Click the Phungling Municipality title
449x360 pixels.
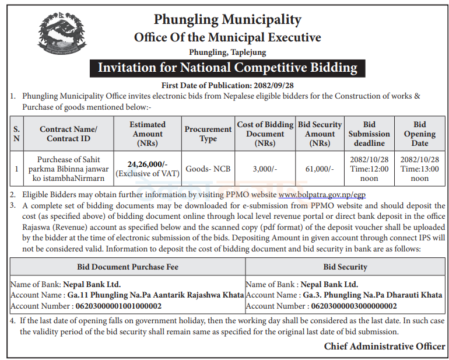pos(227,20)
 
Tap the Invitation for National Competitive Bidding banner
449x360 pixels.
pos(227,68)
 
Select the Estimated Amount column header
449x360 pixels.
pos(148,133)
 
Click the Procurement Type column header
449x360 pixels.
pos(208,134)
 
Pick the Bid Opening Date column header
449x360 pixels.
pos(420,133)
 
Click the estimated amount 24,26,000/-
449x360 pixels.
pos(148,164)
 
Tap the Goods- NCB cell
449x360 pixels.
pos(208,169)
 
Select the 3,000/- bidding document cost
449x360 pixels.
pos(265,169)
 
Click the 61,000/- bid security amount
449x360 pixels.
pos(320,169)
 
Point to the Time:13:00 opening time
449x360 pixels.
pos(420,169)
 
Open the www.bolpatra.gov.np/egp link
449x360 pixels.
pos(322,194)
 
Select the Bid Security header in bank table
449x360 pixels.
pos(345,267)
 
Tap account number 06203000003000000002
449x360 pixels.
pos(354,306)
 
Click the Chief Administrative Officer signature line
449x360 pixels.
pos(384,347)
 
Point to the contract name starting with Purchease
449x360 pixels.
pos(69,169)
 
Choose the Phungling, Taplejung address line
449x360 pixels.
pos(227,52)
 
